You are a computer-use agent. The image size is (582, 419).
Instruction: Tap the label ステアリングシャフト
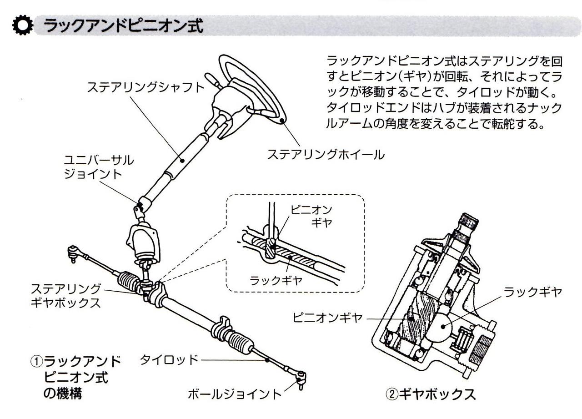tap(145, 87)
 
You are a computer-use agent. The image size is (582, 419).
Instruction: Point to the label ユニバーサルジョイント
tap(99, 167)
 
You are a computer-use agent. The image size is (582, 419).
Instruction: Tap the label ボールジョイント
tap(235, 394)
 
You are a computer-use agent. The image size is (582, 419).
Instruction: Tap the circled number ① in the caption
tap(37, 362)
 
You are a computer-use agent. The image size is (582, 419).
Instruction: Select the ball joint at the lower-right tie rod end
tap(300, 377)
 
